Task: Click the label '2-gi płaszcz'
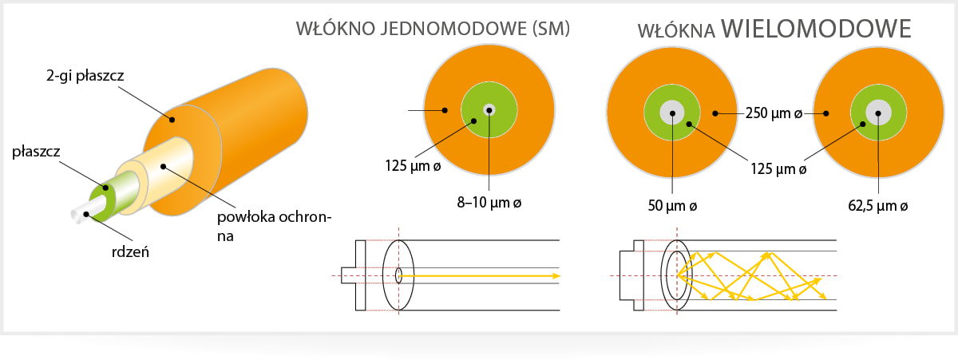tap(85, 76)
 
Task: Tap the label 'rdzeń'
tap(130, 252)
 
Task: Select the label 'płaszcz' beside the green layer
tap(36, 152)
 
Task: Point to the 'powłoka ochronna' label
tap(274, 226)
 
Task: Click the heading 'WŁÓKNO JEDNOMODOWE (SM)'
tap(433, 29)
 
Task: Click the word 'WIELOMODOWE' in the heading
tap(816, 29)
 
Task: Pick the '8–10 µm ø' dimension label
tap(489, 202)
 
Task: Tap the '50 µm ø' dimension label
tap(672, 206)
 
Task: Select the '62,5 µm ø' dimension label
tap(877, 206)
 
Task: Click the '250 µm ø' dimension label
tap(774, 113)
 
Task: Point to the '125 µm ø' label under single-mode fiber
tap(413, 166)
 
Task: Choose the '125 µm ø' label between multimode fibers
tap(778, 169)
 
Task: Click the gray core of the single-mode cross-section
tap(489, 110)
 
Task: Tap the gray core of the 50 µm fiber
tap(672, 113)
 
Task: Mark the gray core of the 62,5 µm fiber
tap(878, 113)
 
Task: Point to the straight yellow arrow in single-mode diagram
tap(480, 276)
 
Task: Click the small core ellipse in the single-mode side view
tap(398, 275)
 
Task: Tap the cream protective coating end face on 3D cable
tap(133, 180)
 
